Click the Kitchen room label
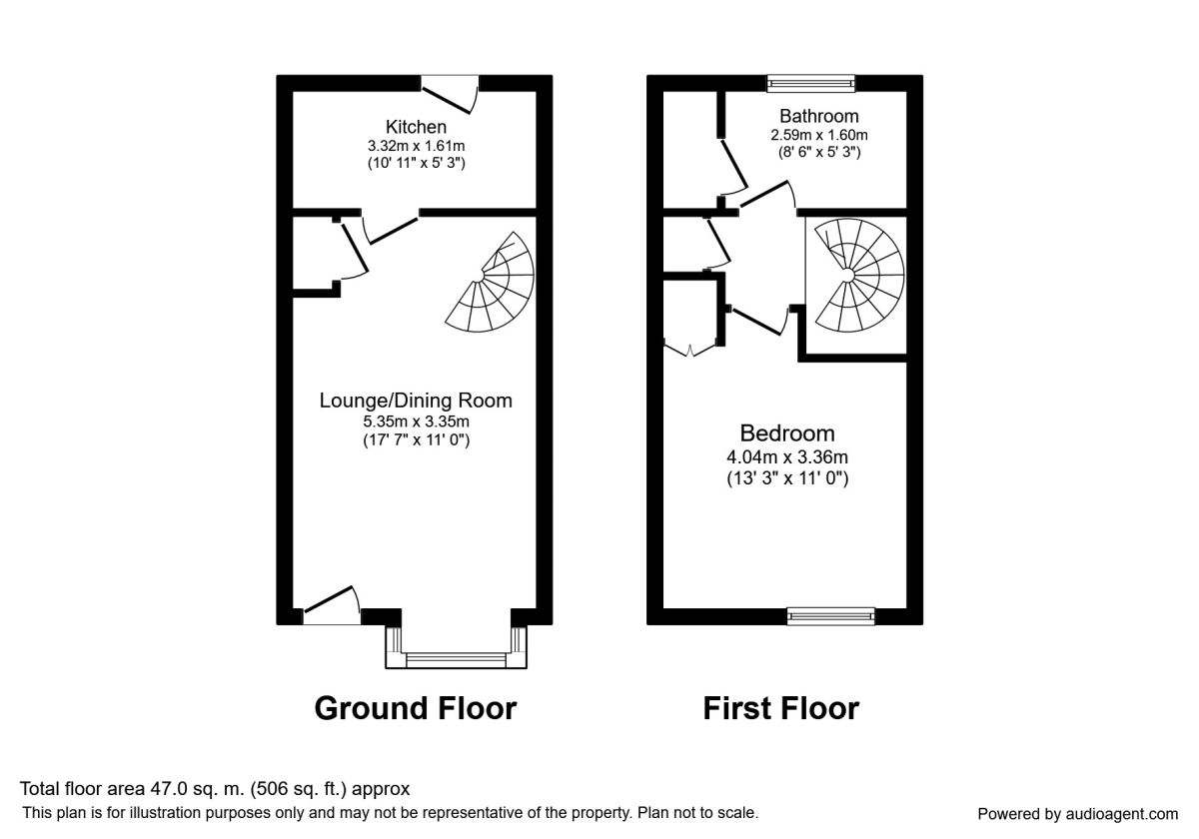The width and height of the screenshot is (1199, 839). (x=416, y=127)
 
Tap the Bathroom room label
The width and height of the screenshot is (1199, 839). (x=819, y=116)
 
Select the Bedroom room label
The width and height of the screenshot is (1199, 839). (x=787, y=433)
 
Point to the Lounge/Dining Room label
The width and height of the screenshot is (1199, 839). (x=416, y=401)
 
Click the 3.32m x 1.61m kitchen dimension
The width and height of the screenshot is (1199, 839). (x=416, y=146)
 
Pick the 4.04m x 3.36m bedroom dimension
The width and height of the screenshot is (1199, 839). (x=787, y=457)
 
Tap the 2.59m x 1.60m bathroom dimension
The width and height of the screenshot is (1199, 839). (x=819, y=135)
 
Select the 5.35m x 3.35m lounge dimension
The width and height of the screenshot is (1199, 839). (x=416, y=421)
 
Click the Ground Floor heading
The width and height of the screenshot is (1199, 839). (x=416, y=708)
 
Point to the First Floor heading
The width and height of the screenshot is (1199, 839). (x=781, y=708)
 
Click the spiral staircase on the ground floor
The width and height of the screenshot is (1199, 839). (x=491, y=282)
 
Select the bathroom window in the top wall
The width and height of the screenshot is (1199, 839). (x=810, y=83)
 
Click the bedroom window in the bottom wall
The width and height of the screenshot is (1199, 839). (x=830, y=616)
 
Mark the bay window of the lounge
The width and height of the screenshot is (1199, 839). (x=456, y=647)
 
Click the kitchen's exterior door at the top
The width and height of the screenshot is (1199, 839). (x=450, y=94)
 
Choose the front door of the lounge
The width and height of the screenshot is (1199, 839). (x=332, y=605)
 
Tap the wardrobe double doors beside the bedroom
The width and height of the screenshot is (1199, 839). (x=689, y=348)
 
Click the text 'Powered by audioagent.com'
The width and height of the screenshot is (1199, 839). (x=1078, y=814)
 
